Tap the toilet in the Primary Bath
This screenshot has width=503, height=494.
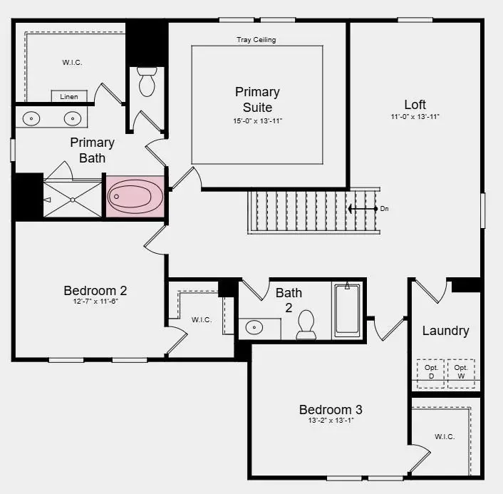(x=147, y=82)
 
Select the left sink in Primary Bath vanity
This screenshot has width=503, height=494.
(x=31, y=118)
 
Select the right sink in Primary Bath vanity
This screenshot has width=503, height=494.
(x=71, y=118)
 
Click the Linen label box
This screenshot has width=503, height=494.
(x=69, y=96)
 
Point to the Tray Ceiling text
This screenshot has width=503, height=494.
(x=256, y=40)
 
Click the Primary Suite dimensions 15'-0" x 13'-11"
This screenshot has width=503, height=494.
(x=257, y=121)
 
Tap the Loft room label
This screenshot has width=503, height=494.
(x=415, y=105)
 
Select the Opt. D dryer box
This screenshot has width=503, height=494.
(x=431, y=372)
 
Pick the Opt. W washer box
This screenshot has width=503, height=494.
(x=461, y=372)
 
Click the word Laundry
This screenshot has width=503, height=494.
(x=445, y=331)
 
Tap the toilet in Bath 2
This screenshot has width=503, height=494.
(x=306, y=325)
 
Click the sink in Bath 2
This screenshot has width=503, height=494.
(x=254, y=328)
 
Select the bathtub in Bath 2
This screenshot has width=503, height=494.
(x=348, y=309)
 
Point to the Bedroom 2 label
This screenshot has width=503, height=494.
(x=95, y=290)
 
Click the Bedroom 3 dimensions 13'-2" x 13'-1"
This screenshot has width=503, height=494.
(x=330, y=421)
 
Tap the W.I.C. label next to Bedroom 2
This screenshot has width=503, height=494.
(x=201, y=319)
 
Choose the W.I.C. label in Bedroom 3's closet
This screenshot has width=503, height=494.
(x=445, y=436)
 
